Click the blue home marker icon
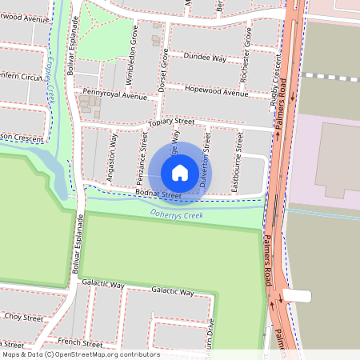tap(180, 172)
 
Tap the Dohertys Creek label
tap(177, 214)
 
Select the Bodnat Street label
tap(159, 194)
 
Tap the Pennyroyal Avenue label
tap(115, 95)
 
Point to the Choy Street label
tap(23, 318)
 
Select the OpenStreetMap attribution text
tap(81, 354)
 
